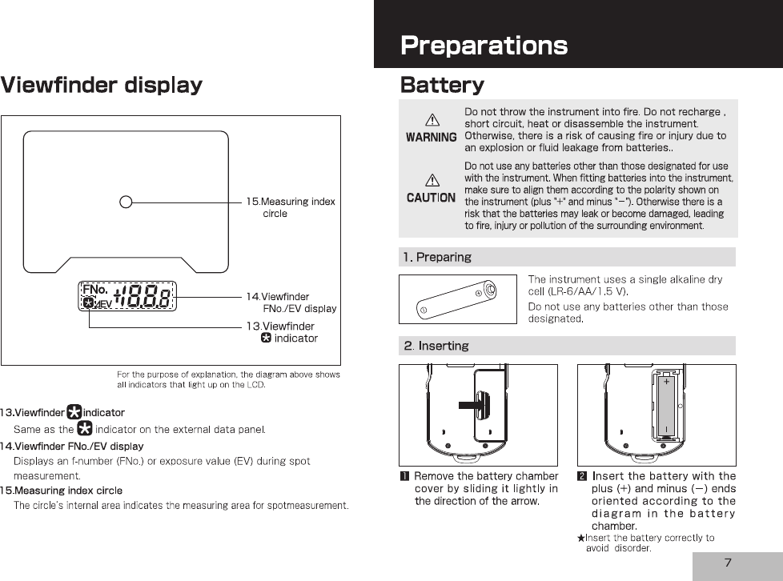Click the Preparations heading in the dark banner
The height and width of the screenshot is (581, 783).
484,46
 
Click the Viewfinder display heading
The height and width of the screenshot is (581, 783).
101,85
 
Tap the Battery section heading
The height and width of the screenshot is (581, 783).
442,85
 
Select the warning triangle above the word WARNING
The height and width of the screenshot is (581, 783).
431,120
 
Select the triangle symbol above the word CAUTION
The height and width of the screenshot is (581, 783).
431,181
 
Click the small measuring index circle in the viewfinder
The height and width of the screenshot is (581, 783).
126,201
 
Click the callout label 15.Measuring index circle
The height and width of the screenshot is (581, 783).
291,207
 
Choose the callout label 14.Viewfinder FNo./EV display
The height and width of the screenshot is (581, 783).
291,303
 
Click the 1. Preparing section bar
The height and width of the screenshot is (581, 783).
567,257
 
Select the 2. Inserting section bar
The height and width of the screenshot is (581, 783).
567,346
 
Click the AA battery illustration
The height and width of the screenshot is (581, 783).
458,299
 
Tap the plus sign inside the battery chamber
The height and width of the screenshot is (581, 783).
667,383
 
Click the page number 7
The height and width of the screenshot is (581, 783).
728,563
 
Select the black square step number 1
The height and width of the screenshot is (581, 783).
404,477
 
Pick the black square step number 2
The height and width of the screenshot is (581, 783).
582,477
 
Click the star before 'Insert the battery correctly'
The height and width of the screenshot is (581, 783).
581,539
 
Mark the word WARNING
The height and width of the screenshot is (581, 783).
431,137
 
